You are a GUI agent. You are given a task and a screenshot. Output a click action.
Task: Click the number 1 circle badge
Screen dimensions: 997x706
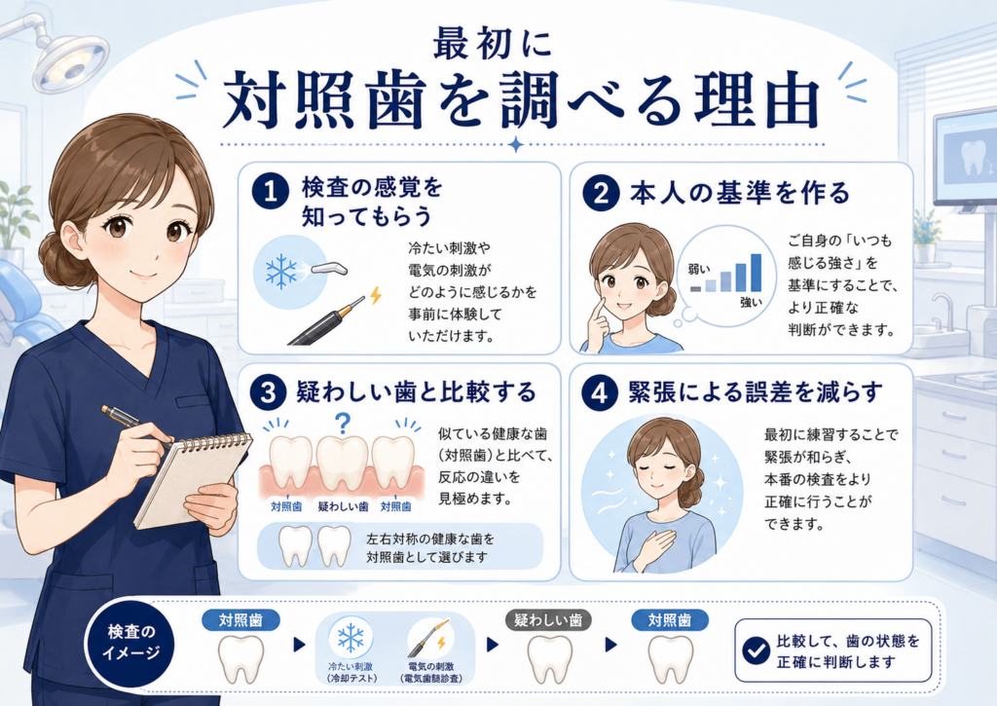click(x=271, y=190)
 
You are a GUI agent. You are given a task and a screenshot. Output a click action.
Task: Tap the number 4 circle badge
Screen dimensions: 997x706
click(x=600, y=393)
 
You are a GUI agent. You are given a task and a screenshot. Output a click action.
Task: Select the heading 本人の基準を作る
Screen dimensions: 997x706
click(x=740, y=192)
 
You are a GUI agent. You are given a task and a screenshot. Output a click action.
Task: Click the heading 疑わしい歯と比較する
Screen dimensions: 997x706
click(x=417, y=391)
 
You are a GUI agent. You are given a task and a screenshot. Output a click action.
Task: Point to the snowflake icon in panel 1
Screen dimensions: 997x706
click(x=281, y=272)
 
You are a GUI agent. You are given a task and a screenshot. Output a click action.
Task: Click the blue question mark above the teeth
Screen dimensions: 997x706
click(x=343, y=423)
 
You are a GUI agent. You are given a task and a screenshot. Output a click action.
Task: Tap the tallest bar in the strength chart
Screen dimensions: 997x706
click(x=756, y=273)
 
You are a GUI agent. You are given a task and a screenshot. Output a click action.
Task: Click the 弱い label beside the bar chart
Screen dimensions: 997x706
click(x=699, y=270)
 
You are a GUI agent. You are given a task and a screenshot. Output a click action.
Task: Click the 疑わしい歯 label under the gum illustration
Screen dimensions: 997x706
click(x=343, y=507)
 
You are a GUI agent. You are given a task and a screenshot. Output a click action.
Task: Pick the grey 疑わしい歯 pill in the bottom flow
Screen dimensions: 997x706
click(x=548, y=620)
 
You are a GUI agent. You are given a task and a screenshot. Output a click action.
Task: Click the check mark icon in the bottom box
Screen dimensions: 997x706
click(x=756, y=650)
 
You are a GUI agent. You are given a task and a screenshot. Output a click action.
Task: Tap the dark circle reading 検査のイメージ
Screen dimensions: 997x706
click(x=130, y=643)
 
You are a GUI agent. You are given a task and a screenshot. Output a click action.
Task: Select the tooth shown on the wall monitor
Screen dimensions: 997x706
click(x=973, y=158)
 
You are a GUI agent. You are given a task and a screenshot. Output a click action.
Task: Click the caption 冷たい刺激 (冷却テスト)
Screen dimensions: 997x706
click(x=351, y=672)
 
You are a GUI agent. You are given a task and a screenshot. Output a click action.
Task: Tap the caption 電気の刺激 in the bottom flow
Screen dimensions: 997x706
click(x=431, y=667)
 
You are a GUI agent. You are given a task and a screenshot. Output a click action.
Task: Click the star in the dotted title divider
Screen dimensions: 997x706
click(x=516, y=144)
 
